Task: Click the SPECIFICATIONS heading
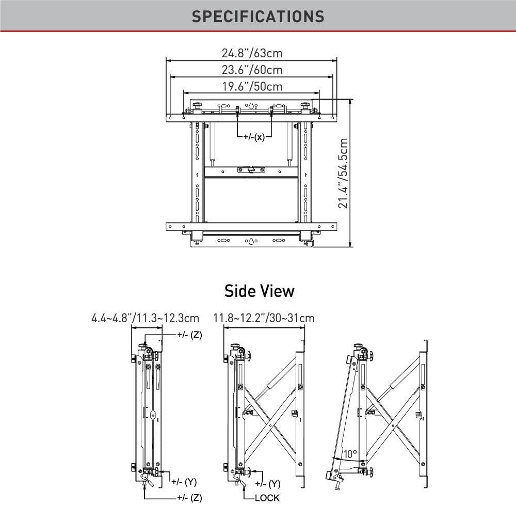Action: pyautogui.click(x=258, y=16)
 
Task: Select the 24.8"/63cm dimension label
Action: pyautogui.click(x=252, y=53)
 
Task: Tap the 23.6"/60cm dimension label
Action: pyautogui.click(x=252, y=70)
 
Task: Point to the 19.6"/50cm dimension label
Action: pyautogui.click(x=252, y=87)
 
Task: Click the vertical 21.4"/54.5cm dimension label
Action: pyautogui.click(x=344, y=172)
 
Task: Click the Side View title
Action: pyautogui.click(x=259, y=291)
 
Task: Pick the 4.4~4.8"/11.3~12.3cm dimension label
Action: pyautogui.click(x=145, y=318)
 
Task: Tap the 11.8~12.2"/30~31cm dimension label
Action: pyautogui.click(x=264, y=318)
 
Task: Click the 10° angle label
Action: pyautogui.click(x=350, y=454)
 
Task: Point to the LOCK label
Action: pyautogui.click(x=267, y=498)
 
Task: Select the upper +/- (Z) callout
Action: pyautogui.click(x=189, y=335)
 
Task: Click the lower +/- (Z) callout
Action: pyautogui.click(x=189, y=498)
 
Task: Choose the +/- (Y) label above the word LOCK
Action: pyautogui.click(x=268, y=484)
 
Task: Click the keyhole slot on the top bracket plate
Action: pyautogui.click(x=251, y=106)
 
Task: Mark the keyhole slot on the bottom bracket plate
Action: pyautogui.click(x=251, y=241)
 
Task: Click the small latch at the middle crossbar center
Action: pyautogui.click(x=251, y=170)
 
